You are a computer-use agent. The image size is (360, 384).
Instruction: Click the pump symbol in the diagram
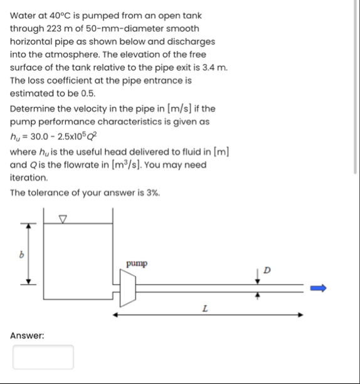click(x=129, y=289)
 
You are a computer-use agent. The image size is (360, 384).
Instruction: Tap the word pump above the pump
click(x=137, y=264)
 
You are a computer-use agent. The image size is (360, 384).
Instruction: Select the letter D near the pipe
click(x=267, y=270)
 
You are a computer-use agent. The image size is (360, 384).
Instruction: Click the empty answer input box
click(x=43, y=357)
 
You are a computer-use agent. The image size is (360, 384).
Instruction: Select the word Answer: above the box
click(x=27, y=336)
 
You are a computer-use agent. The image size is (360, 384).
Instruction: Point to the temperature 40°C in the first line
click(x=65, y=15)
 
